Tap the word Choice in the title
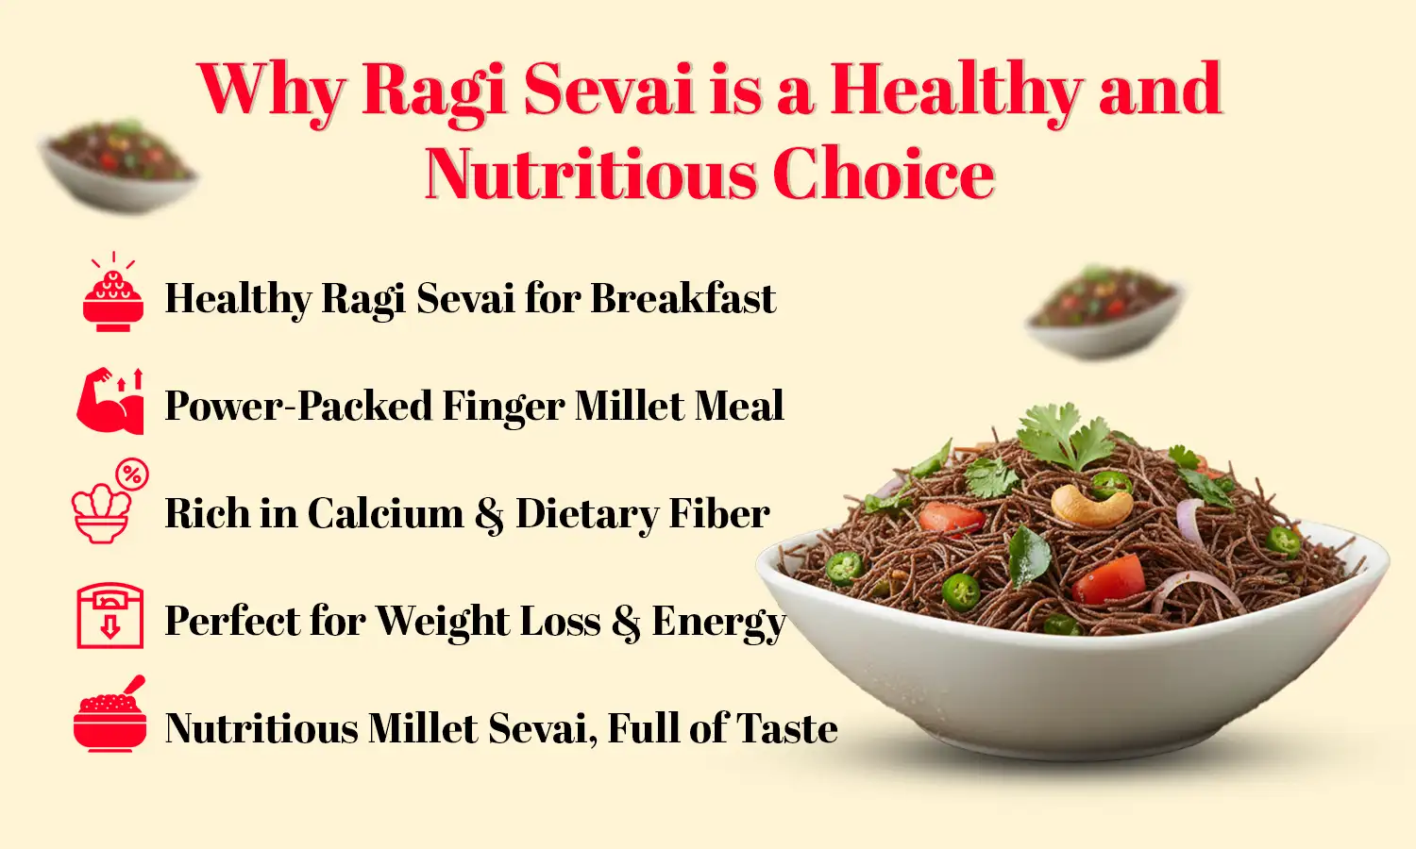tap(884, 175)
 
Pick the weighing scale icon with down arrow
tap(110, 616)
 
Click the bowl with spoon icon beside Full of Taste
tap(110, 716)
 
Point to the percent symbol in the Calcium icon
tap(132, 474)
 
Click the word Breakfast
tap(683, 298)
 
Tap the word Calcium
tap(385, 513)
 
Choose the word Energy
tap(718, 622)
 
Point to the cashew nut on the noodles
tap(1090, 506)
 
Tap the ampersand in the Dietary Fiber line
tap(489, 515)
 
